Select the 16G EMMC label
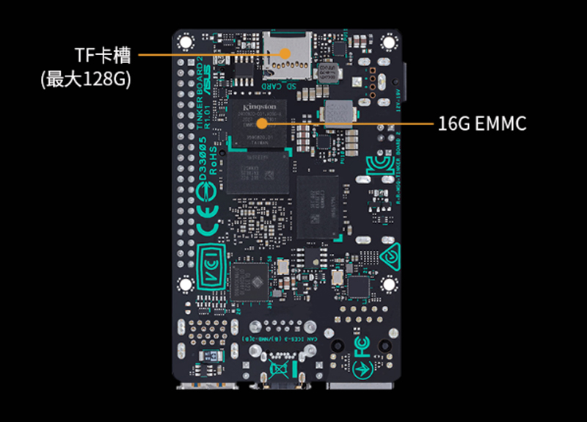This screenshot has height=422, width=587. point(482,123)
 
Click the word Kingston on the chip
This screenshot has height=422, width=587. point(258,107)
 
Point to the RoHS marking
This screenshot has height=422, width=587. point(214,159)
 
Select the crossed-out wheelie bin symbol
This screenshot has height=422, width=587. point(279,367)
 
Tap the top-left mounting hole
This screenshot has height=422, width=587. point(184,41)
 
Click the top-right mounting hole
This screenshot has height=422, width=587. point(388,42)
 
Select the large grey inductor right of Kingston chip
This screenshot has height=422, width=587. point(338,112)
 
